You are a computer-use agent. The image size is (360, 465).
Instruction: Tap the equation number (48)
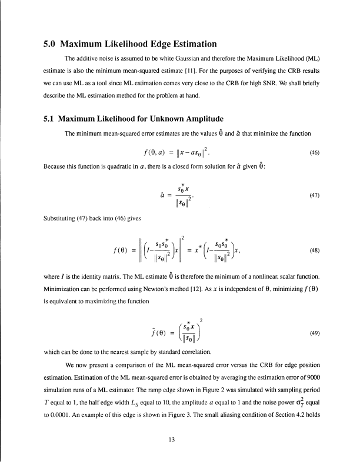(314, 249)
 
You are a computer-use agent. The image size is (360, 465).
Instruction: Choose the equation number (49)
(314, 332)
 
